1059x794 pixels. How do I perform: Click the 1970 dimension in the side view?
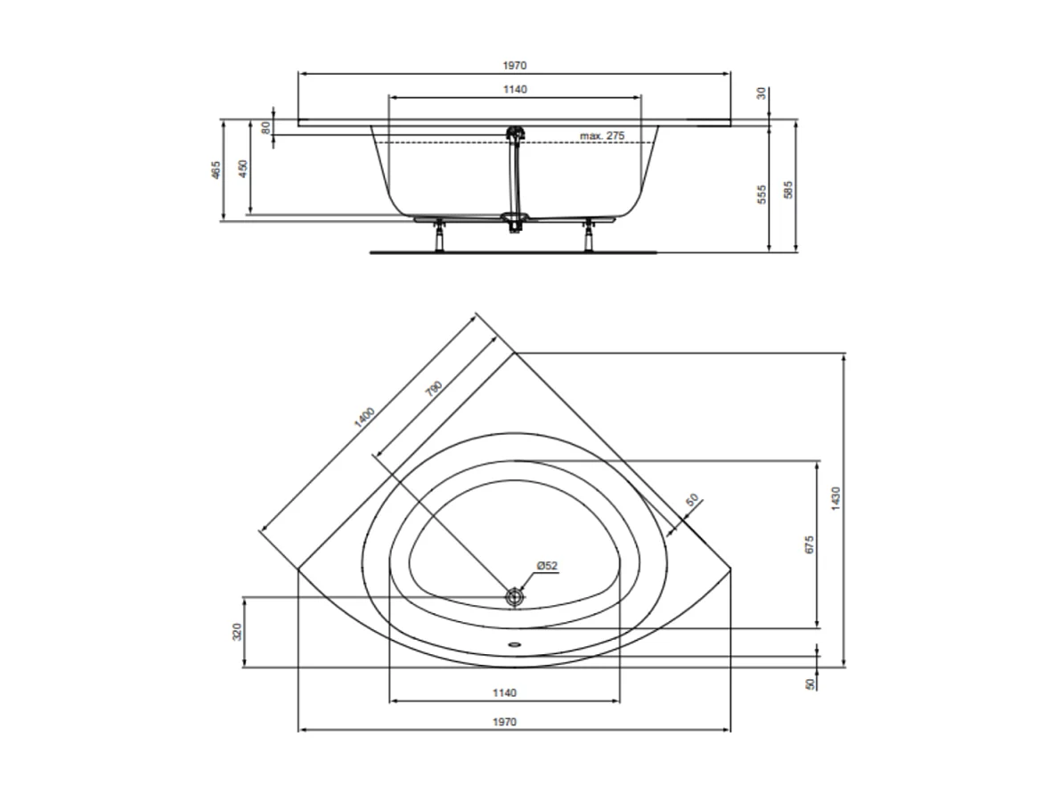[x=515, y=65]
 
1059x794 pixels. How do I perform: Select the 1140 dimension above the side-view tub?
[x=515, y=89]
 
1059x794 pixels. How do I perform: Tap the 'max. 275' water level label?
[x=602, y=135]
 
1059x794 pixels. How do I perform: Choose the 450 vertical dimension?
[x=243, y=169]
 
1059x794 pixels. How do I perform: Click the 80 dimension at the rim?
[x=265, y=127]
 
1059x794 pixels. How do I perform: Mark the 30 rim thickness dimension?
[x=762, y=93]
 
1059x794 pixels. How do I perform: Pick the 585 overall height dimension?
[x=788, y=189]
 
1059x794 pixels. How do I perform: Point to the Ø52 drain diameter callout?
[x=547, y=566]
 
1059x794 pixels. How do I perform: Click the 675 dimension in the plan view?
[x=809, y=544]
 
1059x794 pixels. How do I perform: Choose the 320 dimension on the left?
[x=237, y=632]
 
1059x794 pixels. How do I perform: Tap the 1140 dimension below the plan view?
[x=504, y=693]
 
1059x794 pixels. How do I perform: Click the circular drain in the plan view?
[x=514, y=597]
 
